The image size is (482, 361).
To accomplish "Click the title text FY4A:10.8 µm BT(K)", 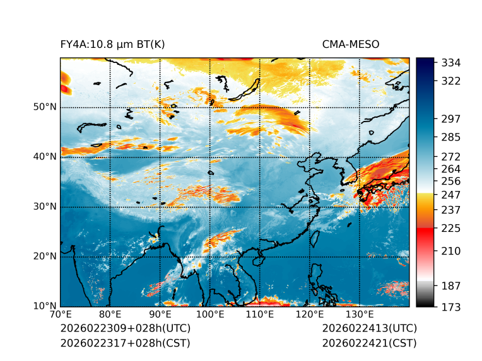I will click(113, 44).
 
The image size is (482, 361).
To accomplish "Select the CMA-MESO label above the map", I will click(351, 44).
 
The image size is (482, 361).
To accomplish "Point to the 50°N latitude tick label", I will click(45, 107).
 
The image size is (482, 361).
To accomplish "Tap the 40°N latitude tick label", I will click(45, 157).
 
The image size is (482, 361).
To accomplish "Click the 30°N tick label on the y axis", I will click(45, 207).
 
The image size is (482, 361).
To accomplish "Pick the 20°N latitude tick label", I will click(45, 256).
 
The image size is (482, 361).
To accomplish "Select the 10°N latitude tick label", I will click(45, 306).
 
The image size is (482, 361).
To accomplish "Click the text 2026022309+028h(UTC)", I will click(125, 329).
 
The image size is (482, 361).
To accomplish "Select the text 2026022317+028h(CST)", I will click(125, 343).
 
